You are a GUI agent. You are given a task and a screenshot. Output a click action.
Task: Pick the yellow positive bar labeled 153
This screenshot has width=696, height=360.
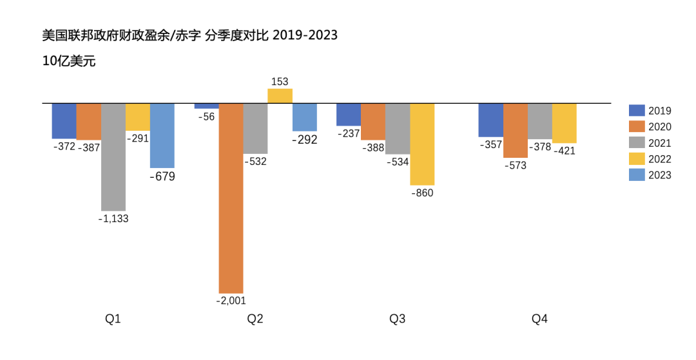point(280,96)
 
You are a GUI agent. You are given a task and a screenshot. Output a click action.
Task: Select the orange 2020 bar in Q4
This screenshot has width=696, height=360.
point(516,130)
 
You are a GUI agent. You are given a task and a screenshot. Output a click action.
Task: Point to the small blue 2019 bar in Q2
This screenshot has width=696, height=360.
point(206,106)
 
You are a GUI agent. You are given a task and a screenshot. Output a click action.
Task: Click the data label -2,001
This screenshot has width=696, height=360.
point(231,300)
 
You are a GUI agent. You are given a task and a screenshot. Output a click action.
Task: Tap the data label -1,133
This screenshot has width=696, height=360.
point(113,219)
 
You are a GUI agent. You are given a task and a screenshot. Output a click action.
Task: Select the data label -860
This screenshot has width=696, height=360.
point(422,193)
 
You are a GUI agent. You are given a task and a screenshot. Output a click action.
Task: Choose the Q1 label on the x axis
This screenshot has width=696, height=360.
point(113,319)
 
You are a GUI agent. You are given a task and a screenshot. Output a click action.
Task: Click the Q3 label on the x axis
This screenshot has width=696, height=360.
point(398,319)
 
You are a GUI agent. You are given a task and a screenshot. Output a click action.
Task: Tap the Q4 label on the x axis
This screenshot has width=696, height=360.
point(539,319)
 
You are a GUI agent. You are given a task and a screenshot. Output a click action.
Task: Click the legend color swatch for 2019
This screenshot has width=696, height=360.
point(636,111)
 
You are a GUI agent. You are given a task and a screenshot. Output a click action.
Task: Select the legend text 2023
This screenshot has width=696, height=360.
point(660,175)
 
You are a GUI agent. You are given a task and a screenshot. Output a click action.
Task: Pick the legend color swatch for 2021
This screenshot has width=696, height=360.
point(636,143)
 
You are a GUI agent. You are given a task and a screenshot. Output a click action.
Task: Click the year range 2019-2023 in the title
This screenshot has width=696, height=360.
point(305,35)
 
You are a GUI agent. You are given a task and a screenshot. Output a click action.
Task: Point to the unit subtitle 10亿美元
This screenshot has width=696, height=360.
point(69,62)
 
